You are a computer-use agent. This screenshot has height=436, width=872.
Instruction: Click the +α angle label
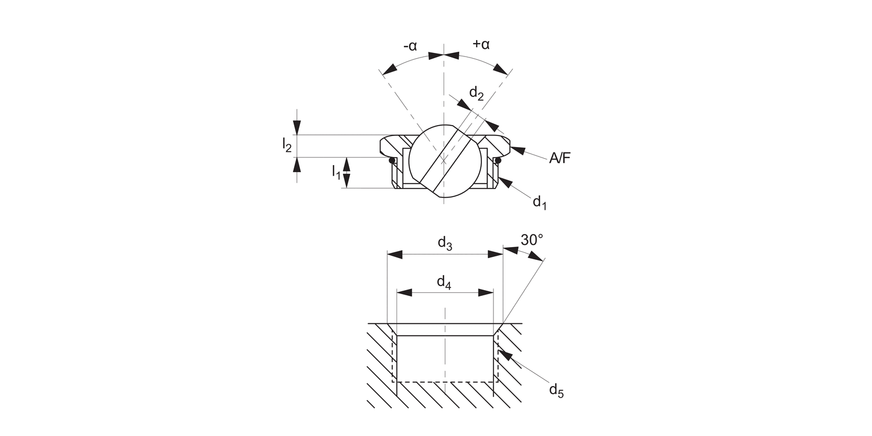click(481, 44)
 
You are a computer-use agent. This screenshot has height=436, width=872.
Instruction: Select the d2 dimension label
click(477, 94)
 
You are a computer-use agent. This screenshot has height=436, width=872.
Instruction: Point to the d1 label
click(539, 202)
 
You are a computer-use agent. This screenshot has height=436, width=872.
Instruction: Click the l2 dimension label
click(287, 146)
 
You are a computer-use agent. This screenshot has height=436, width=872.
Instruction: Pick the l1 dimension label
click(337, 171)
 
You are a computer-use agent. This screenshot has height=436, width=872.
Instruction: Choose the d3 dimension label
click(445, 244)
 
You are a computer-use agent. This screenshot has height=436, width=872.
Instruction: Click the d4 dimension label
click(444, 283)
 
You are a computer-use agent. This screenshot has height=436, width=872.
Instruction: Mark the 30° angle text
click(532, 240)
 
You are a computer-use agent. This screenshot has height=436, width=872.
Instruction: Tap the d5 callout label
click(556, 390)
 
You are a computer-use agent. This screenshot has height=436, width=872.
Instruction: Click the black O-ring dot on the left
click(392, 160)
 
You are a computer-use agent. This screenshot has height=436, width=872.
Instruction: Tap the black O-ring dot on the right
click(497, 160)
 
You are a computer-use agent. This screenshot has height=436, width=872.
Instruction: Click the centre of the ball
click(445, 162)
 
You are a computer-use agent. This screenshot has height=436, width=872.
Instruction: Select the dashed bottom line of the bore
click(445, 382)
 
